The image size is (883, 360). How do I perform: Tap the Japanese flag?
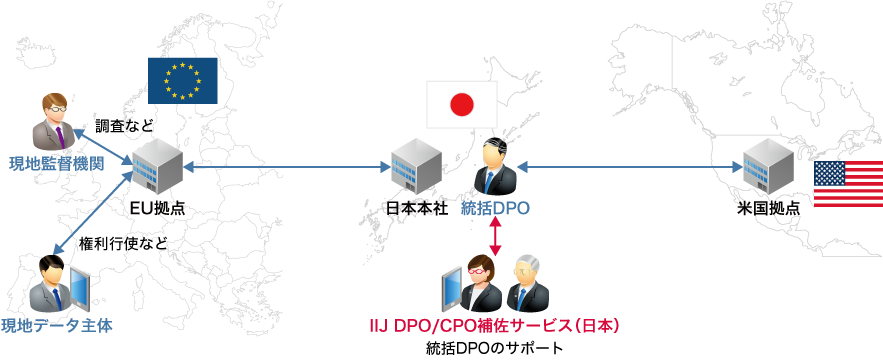point(461,105)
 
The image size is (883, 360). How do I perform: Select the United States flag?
point(847,184)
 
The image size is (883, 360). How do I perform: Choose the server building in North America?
point(768,165)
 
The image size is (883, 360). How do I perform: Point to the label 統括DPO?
point(495,209)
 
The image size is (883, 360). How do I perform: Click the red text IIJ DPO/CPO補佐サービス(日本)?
point(495,326)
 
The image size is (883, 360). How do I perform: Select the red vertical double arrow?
point(495,236)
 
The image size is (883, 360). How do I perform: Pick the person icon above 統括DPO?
point(495,167)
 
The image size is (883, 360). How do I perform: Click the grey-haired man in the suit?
point(526,283)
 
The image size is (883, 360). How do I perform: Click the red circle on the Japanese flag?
point(461,105)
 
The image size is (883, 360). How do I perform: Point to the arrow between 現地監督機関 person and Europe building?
point(104,144)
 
